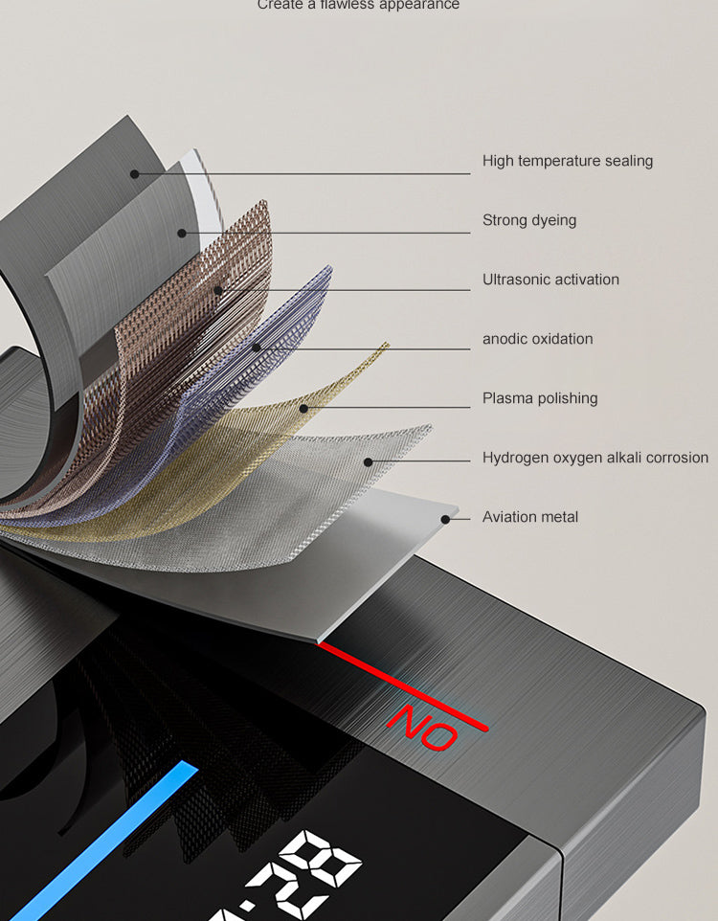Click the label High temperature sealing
pyautogui.click(x=567, y=161)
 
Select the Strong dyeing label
pyautogui.click(x=529, y=220)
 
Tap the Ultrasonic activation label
pyautogui.click(x=550, y=280)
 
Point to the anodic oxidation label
pyautogui.click(x=537, y=339)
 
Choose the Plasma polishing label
pyautogui.click(x=540, y=398)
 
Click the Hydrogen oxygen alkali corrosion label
pyautogui.click(x=595, y=458)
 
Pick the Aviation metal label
pyautogui.click(x=530, y=517)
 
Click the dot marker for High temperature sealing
pyautogui.click(x=135, y=174)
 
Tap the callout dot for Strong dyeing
pyautogui.click(x=181, y=233)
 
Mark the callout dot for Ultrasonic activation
pyautogui.click(x=218, y=290)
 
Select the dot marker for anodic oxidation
pyautogui.click(x=257, y=348)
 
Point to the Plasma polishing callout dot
pyautogui.click(x=303, y=409)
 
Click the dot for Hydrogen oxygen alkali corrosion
pyautogui.click(x=369, y=462)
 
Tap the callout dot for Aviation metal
pyautogui.click(x=444, y=520)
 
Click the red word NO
pyautogui.click(x=424, y=727)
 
